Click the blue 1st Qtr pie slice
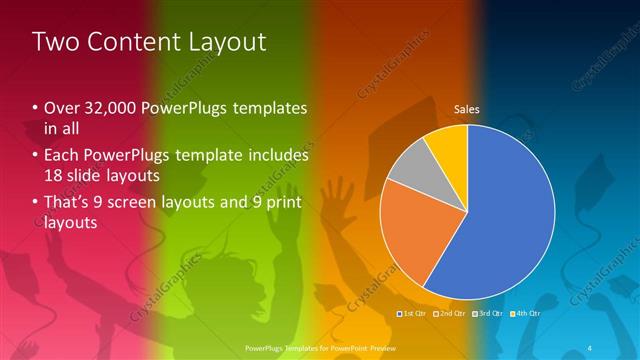coord(510,220)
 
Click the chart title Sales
coord(467,109)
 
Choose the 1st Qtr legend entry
coord(412,314)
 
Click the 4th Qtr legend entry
coord(527,314)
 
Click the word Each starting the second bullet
coord(62,156)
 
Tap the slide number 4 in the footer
coord(592,347)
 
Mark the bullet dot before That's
coord(36,204)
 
